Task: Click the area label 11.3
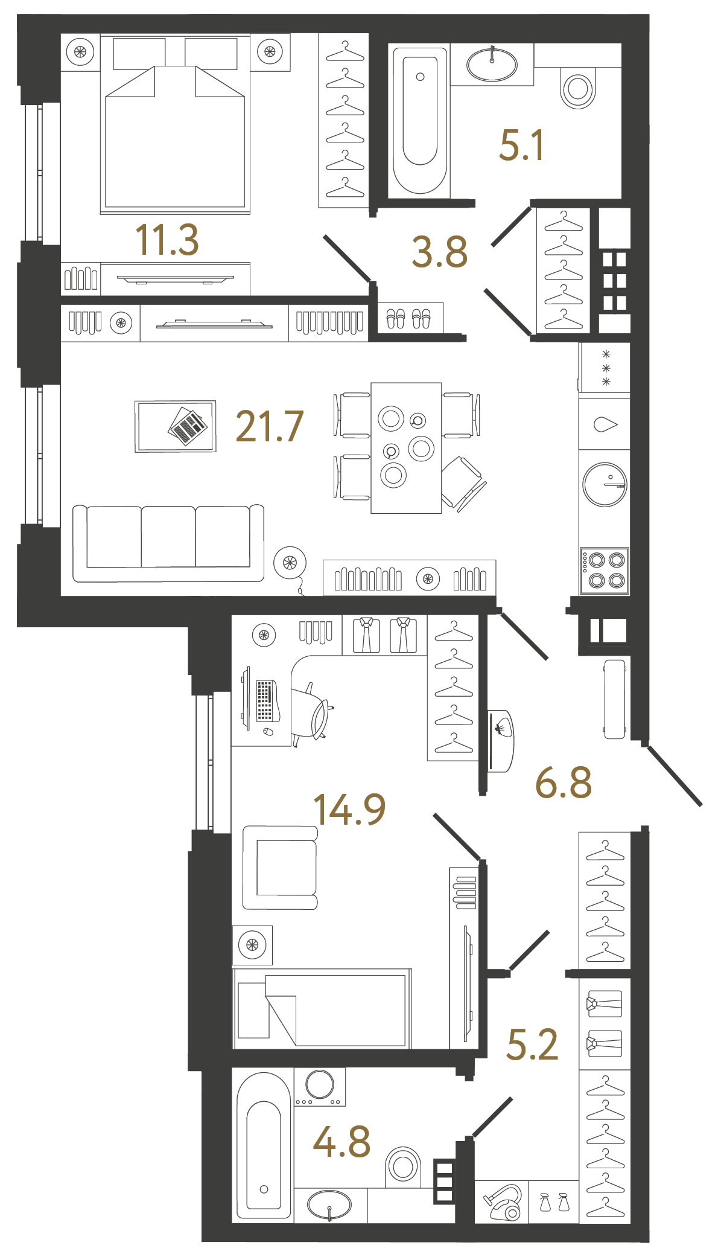[167, 240]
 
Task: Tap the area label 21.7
[269, 427]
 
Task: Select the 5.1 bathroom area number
[522, 146]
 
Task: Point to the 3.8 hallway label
[439, 252]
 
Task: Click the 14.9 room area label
[349, 810]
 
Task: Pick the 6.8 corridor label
[564, 783]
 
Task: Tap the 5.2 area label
[532, 1045]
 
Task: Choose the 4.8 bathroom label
[341, 1142]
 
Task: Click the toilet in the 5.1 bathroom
[578, 88]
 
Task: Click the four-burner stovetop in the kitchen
[605, 571]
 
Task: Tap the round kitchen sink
[605, 484]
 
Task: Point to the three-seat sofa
[168, 543]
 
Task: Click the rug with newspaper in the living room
[176, 426]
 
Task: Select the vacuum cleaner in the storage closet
[503, 1203]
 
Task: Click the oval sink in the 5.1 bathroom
[492, 65]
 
